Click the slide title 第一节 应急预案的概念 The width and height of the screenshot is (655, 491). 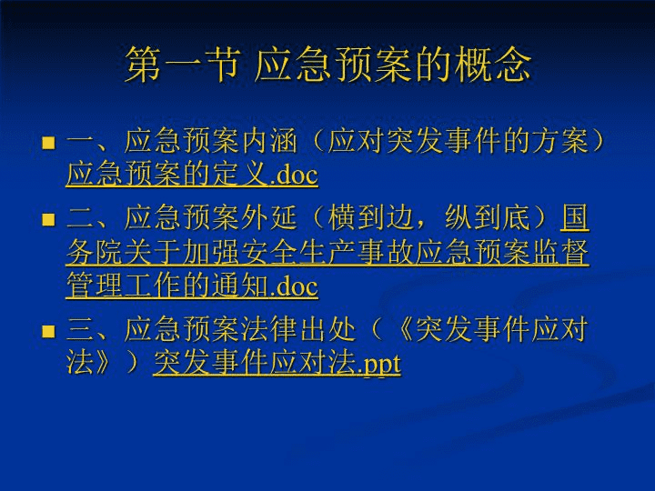click(328, 64)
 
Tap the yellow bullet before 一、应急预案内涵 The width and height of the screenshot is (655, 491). click(48, 143)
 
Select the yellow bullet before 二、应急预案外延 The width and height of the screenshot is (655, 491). click(48, 220)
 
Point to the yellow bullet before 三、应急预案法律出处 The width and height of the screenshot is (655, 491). click(48, 332)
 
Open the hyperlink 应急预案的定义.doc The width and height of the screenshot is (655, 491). click(192, 174)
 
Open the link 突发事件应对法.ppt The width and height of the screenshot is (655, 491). click(277, 363)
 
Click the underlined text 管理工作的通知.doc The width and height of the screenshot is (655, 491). click(192, 286)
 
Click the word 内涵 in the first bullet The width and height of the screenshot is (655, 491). click(268, 141)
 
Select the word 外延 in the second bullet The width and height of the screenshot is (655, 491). click(268, 217)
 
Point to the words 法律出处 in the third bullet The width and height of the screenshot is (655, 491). click(298, 330)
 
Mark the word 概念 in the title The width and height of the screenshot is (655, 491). click(493, 64)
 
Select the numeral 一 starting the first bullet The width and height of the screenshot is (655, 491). click(80, 142)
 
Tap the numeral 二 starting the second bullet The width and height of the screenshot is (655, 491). click(80, 218)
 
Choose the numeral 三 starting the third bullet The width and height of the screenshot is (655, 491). click(80, 330)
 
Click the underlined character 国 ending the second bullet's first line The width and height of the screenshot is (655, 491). click(575, 217)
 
